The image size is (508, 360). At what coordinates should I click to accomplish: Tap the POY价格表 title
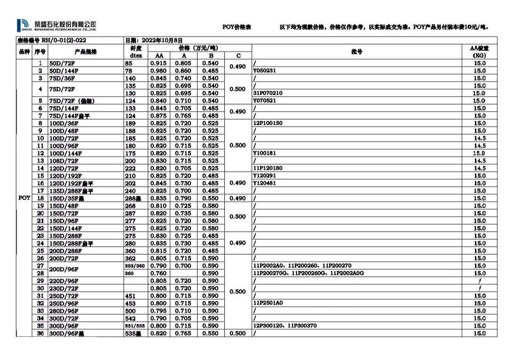click(237, 27)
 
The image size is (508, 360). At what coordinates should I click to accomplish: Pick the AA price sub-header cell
click(159, 56)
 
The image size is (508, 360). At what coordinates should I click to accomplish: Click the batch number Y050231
click(264, 71)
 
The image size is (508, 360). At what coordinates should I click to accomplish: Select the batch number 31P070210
click(268, 93)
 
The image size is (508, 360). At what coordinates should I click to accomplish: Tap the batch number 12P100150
click(268, 123)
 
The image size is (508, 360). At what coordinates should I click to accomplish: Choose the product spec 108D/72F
click(64, 161)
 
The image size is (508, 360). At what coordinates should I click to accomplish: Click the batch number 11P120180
click(268, 168)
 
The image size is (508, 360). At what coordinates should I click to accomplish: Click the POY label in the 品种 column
click(24, 198)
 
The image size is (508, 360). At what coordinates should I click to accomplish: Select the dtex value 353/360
click(135, 266)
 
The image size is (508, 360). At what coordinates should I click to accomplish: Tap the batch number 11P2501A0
click(268, 304)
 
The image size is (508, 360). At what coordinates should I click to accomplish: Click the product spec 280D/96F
click(64, 311)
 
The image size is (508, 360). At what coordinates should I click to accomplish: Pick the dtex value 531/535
click(135, 326)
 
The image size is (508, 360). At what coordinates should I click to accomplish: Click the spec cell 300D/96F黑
click(68, 334)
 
